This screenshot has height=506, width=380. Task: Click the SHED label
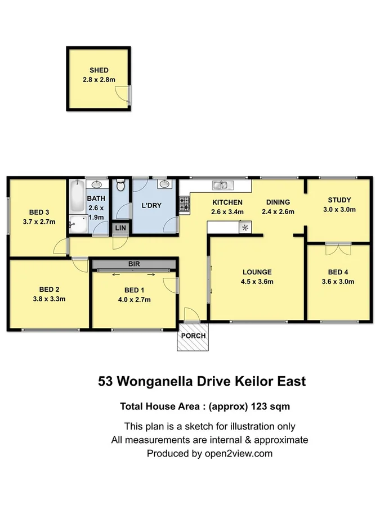[x=99, y=70]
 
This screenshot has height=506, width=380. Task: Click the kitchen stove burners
[x=184, y=204]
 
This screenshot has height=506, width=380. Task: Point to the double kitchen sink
[x=220, y=185]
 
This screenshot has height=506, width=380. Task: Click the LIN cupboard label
[x=120, y=228]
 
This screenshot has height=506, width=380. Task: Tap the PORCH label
[x=193, y=336]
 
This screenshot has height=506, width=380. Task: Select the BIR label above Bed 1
[x=134, y=264]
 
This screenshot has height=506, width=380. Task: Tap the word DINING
[x=278, y=202]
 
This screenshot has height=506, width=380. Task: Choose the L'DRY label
[x=151, y=206]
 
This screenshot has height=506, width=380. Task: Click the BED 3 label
[x=39, y=212]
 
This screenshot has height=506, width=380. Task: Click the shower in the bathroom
[x=78, y=224]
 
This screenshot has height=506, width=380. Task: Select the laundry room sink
[x=164, y=184]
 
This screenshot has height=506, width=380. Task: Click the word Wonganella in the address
[x=167, y=381]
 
